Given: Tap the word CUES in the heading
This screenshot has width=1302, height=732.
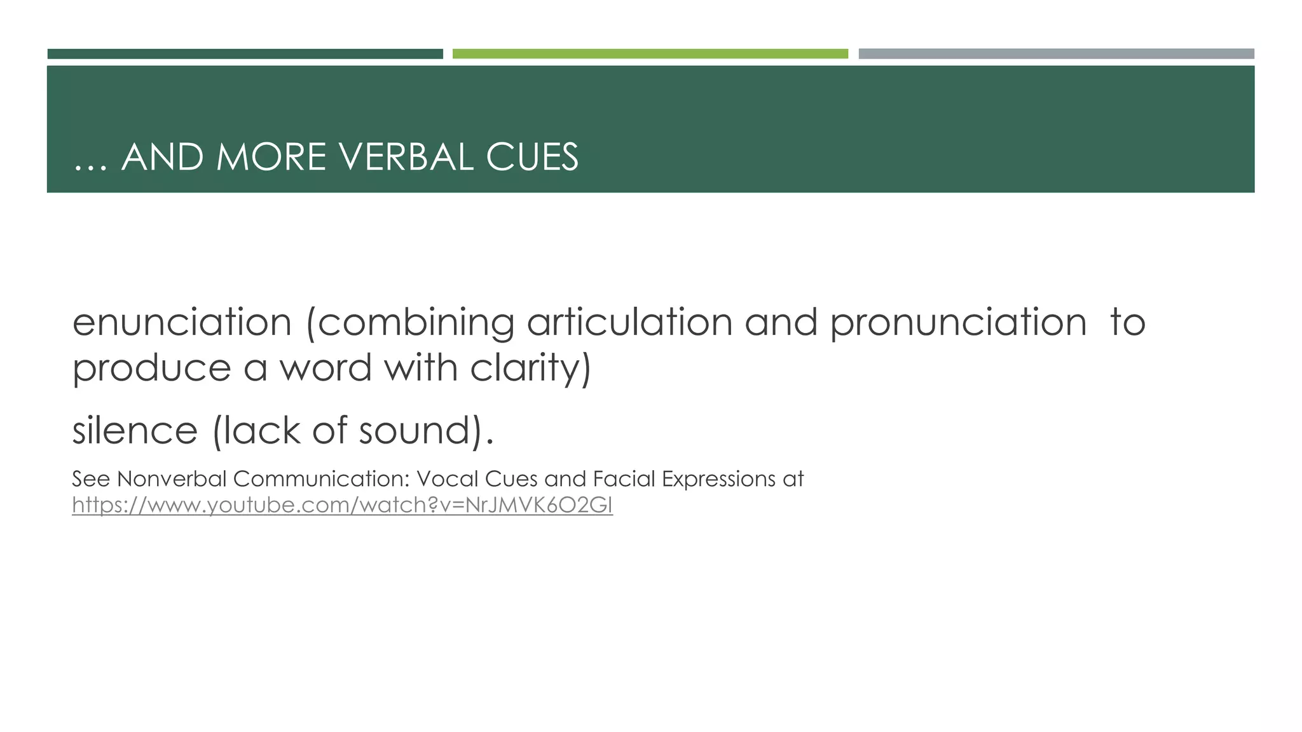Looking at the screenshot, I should coord(532,157).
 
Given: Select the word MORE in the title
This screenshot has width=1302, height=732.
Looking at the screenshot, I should coord(271,157).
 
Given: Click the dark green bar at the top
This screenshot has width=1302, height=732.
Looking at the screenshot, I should coord(245,54).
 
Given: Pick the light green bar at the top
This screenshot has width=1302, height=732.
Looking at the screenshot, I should coord(650,54).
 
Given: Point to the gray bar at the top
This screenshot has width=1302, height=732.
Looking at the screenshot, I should coord(1056,54).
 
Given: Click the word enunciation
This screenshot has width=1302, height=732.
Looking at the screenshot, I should coord(182,322).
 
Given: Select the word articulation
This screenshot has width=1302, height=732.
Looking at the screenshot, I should coord(629,322).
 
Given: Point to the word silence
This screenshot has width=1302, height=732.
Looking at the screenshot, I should coord(135,431).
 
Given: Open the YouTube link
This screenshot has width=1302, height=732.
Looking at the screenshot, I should coord(342,505).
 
